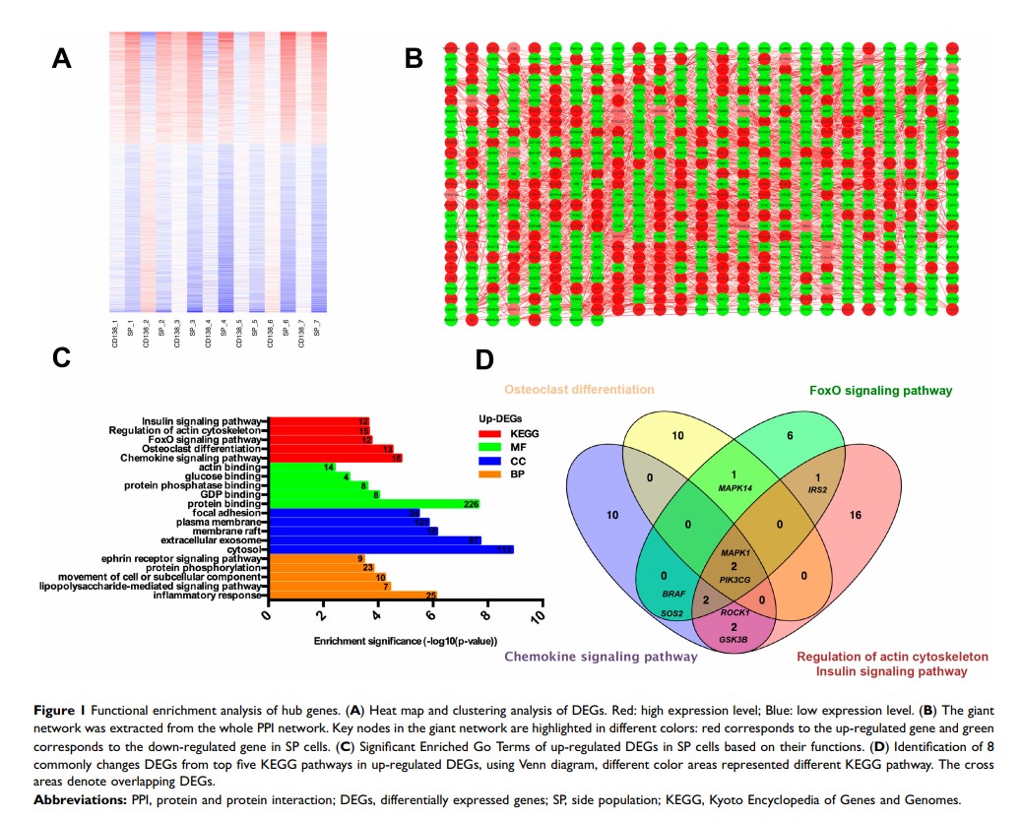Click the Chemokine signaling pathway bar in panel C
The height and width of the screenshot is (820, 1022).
coord(335,458)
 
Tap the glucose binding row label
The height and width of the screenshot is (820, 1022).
coord(224,476)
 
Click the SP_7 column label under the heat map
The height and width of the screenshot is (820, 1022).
coord(318,326)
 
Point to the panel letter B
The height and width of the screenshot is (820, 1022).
coord(415,59)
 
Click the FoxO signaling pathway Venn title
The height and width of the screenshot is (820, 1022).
coord(880,391)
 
